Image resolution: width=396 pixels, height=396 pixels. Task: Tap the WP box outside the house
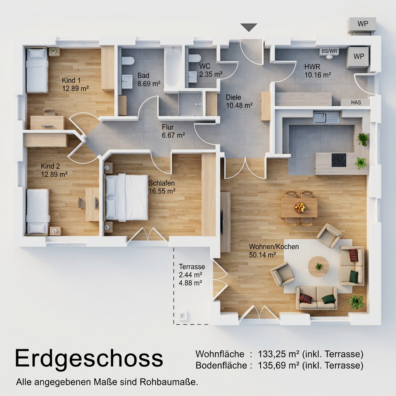click(362, 24)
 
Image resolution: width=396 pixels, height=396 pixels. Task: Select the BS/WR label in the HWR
click(329, 51)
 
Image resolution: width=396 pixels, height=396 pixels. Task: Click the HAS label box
click(356, 102)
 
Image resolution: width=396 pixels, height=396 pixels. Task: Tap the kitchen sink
click(326, 117)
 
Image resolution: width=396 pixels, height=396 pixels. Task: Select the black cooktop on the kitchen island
click(339, 160)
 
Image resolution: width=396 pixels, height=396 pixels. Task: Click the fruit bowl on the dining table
click(300, 208)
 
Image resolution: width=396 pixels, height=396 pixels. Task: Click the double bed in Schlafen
click(126, 197)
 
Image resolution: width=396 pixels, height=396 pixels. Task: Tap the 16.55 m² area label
click(162, 191)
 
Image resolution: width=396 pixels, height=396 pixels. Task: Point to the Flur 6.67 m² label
click(173, 131)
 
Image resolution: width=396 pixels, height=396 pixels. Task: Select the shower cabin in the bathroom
click(190, 103)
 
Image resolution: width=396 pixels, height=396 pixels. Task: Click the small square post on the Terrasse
click(183, 316)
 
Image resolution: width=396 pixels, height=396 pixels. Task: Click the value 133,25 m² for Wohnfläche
click(278, 354)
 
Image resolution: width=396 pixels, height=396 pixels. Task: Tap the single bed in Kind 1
click(37, 70)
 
